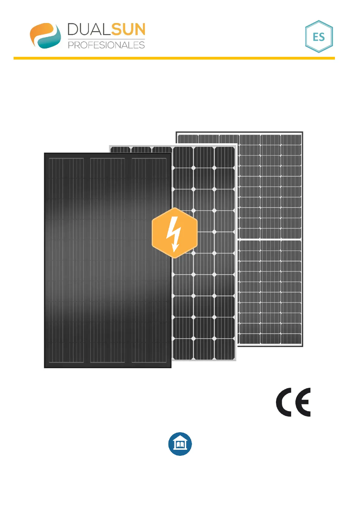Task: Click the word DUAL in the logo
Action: click(89, 30)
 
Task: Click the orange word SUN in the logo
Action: click(128, 30)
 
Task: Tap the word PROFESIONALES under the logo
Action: click(106, 45)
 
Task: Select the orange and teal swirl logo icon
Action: click(45, 35)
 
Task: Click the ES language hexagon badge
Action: click(319, 37)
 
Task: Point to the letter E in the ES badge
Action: click(315, 37)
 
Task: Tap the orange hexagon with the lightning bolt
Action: click(174, 233)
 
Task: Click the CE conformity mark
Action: click(293, 402)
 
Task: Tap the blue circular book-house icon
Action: click(180, 444)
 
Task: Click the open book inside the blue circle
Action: click(180, 444)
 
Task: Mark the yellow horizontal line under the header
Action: click(174, 58)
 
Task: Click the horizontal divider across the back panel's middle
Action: click(270, 239)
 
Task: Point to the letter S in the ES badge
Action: click(322, 37)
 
